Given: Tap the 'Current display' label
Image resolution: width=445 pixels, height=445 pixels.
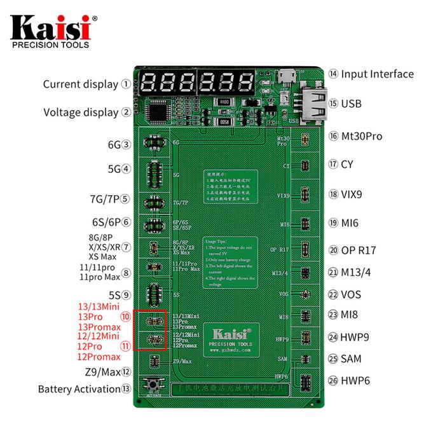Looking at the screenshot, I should pos(81,84).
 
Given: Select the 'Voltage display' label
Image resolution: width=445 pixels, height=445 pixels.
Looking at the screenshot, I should pos(81,113).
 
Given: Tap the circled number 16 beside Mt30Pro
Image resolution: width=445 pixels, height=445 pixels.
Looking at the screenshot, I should pos(332,136).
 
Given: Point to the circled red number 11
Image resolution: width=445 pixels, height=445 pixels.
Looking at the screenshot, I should pos(126,346).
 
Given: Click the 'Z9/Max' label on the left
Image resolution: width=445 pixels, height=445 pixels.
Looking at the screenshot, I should pos(102,372).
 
